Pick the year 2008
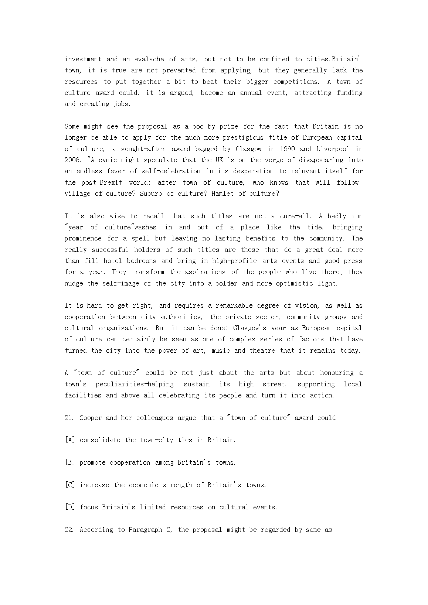(x=72, y=160)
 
